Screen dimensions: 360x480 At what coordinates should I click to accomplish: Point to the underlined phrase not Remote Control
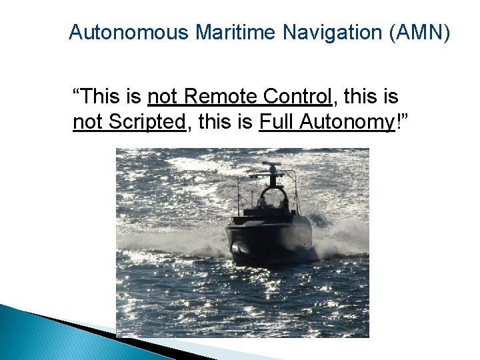click(x=239, y=97)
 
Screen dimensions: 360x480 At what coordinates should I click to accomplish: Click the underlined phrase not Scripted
click(x=128, y=123)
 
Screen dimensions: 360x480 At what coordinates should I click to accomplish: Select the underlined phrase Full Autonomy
click(x=327, y=123)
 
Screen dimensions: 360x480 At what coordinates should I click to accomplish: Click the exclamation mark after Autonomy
click(x=399, y=123)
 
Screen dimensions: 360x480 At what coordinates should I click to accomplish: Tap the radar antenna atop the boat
click(x=271, y=166)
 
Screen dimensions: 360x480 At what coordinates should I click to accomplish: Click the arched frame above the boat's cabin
click(x=273, y=191)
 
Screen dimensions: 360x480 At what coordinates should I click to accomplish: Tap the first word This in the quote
click(x=102, y=97)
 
